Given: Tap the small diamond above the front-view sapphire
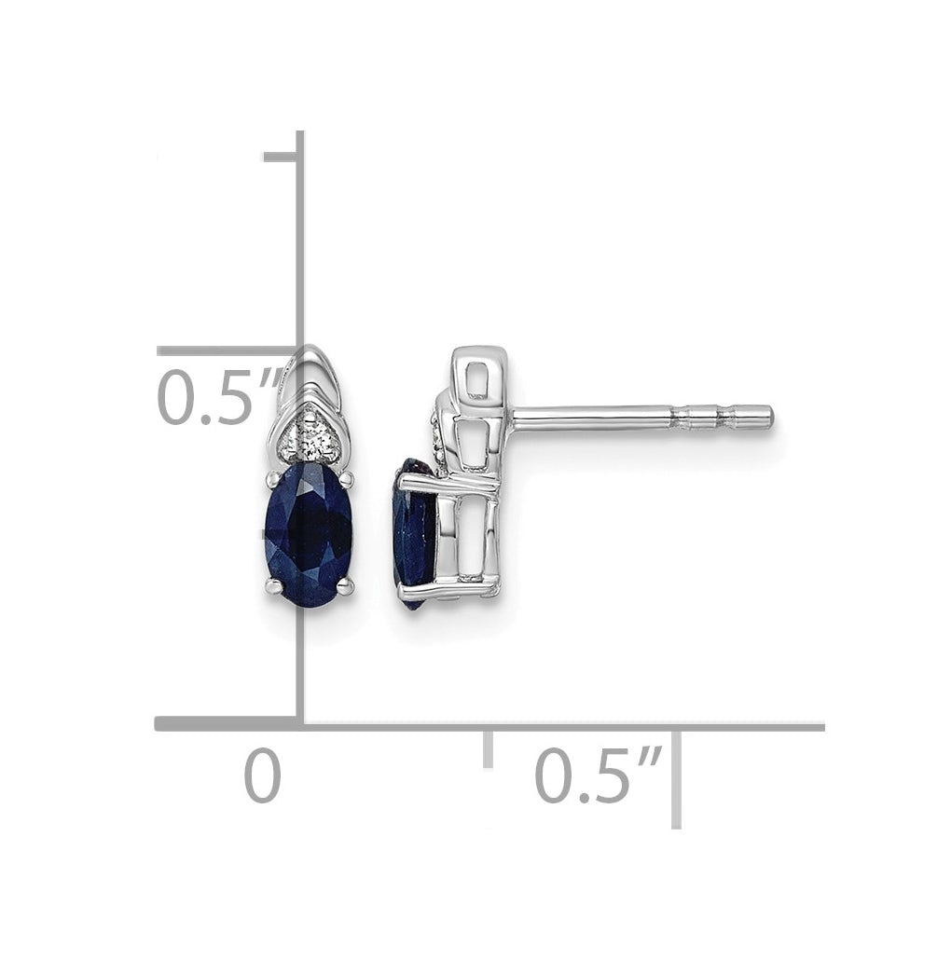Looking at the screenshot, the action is [311, 439].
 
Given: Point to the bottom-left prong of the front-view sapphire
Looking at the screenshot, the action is [273, 587].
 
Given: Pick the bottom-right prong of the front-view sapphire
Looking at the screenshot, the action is [346, 586].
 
